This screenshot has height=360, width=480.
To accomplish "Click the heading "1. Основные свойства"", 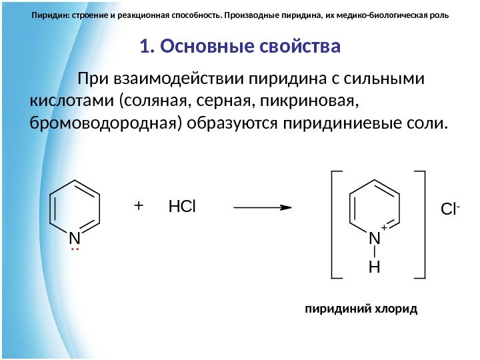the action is pos(240,47).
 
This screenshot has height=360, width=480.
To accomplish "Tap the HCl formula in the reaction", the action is pos(183,207).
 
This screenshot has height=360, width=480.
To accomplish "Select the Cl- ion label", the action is pos(451,210).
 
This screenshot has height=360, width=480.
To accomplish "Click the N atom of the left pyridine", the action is pos(74,238).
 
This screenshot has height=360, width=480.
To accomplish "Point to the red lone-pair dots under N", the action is pos(75,250).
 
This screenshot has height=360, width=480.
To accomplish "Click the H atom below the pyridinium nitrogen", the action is pos(374,268).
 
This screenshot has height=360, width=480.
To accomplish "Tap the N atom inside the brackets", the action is pos(374,238).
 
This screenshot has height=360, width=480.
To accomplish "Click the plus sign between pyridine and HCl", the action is pos(138,206).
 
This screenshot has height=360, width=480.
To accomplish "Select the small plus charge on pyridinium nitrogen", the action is pos(384,228).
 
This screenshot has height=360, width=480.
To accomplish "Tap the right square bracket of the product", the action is pos(420,223).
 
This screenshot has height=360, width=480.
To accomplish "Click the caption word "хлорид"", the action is pos(398,310).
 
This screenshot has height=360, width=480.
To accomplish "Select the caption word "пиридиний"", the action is pos(330,310).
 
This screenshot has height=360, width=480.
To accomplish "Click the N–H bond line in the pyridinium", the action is pos(374,253).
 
